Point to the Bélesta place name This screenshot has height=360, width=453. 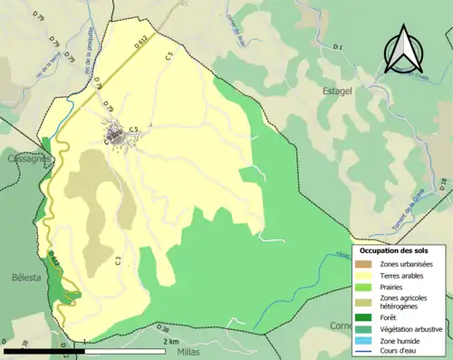[x=21, y=277]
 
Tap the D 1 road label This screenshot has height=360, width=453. [x=339, y=46]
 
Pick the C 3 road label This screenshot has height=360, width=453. [x=119, y=261]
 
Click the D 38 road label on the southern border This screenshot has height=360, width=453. [x=162, y=327]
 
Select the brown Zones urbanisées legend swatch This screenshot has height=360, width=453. [x=369, y=264]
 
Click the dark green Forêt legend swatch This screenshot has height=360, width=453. [x=369, y=316]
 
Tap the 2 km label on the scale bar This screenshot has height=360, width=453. [x=171, y=341]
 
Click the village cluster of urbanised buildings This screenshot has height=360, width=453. [x=120, y=138]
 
